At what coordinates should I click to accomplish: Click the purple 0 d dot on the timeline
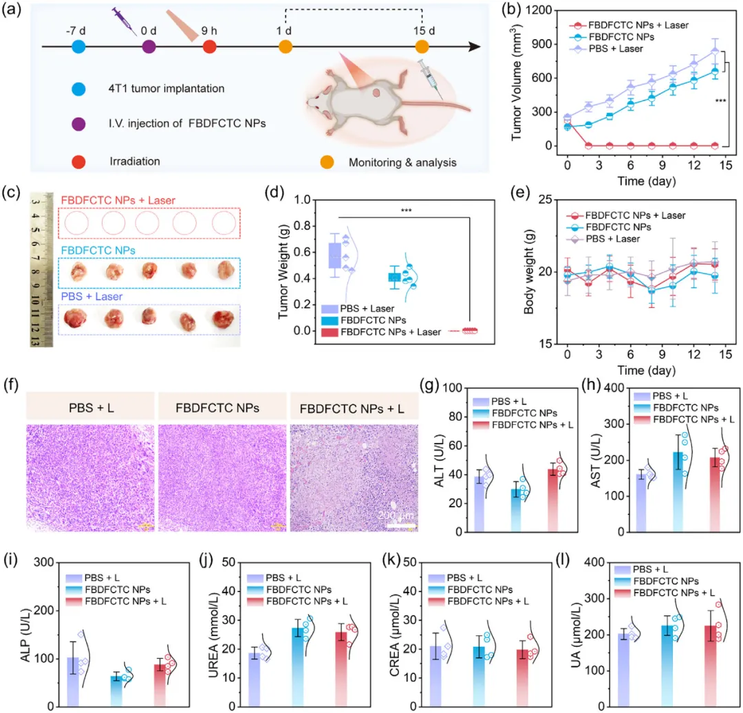(149, 47)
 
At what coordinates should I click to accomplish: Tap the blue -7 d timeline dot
(78, 47)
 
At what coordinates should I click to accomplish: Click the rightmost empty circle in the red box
(224, 223)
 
